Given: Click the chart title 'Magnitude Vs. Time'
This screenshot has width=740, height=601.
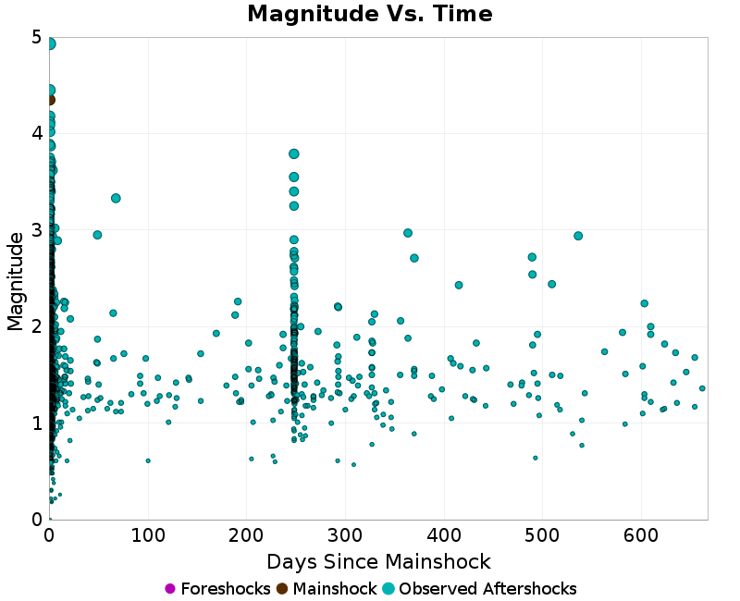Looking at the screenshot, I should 370,14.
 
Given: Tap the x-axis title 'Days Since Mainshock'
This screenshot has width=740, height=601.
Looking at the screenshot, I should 378,561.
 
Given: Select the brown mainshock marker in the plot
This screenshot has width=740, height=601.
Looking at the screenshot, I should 50,100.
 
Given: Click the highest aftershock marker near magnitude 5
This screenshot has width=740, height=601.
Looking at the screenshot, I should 50,43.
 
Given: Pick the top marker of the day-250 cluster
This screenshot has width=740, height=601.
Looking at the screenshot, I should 294,153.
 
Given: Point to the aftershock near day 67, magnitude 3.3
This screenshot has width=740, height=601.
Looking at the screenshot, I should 116,198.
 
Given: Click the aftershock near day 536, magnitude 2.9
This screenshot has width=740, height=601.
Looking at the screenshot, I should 578,236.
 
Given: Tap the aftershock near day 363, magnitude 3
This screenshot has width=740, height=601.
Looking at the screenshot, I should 408,233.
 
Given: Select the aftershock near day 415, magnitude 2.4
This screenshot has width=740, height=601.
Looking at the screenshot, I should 459,285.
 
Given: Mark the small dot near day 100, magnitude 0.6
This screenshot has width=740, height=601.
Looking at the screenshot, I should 148,460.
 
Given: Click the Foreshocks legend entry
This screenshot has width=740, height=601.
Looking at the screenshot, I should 217,589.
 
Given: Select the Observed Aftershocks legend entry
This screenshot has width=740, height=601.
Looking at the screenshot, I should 479,589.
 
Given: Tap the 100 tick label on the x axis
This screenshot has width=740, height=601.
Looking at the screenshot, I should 148,535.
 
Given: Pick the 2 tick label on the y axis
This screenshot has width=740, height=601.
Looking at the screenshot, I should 36,326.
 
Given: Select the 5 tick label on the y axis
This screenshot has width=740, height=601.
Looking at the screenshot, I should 36,37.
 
